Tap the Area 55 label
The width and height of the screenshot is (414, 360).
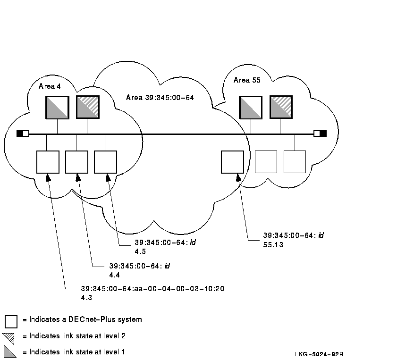pyautogui.click(x=247, y=80)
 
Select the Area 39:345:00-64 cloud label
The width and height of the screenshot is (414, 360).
pyautogui.click(x=160, y=98)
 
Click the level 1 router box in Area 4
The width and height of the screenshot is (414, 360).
pyautogui.click(x=57, y=107)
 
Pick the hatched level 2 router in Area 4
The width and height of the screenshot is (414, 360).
pyautogui.click(x=87, y=107)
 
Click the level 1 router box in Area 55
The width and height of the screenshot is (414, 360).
pyautogui.click(x=251, y=107)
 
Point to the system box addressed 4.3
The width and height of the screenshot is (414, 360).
pyautogui.click(x=48, y=162)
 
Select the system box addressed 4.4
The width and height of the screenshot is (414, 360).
pyautogui.click(x=76, y=162)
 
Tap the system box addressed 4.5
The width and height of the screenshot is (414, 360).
pyautogui.click(x=105, y=162)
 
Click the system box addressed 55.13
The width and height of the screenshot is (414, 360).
pyautogui.click(x=232, y=162)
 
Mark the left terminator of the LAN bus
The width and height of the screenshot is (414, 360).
pyautogui.click(x=23, y=134)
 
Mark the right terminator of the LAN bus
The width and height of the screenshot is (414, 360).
pyautogui.click(x=320, y=134)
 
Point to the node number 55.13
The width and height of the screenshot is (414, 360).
pyautogui.click(x=273, y=245)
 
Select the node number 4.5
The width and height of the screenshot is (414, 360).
pyautogui.click(x=140, y=251)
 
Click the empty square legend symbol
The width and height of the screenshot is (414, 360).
pyautogui.click(x=11, y=321)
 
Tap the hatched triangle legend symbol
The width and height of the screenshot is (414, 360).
pyautogui.click(x=9, y=337)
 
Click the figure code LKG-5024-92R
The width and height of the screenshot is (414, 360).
pyautogui.click(x=319, y=354)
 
